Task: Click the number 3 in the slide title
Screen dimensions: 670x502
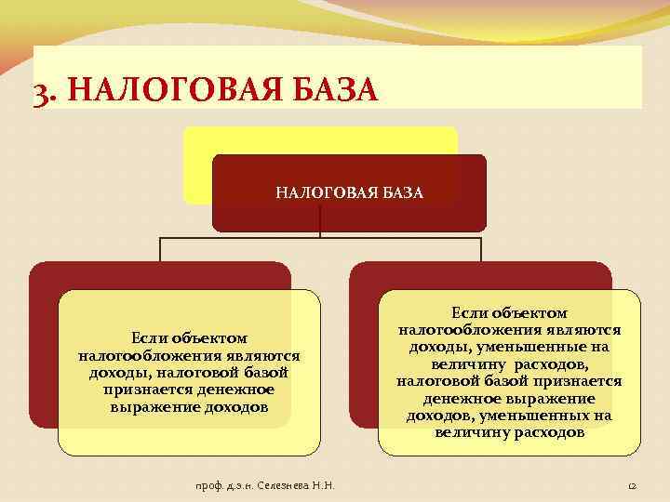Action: (40, 93)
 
